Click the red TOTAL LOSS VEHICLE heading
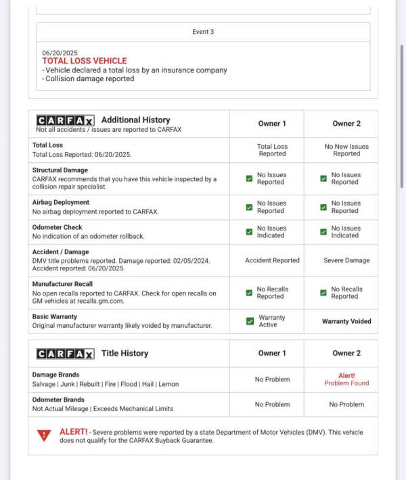pos(85,61)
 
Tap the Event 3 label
pos(203,32)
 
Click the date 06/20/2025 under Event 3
pos(60,52)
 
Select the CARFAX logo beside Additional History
pos(65,120)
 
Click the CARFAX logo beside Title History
pos(65,354)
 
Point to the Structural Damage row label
pos(60,170)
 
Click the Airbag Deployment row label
pos(60,202)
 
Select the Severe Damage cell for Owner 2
pos(347,260)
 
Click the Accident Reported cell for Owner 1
pos(272,260)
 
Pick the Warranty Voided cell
pos(346,321)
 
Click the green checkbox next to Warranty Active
pos(250,321)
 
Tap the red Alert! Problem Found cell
pos(346,379)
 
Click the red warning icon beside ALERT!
pos(45,435)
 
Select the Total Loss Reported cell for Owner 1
pos(272,149)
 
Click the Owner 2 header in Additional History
pos(346,124)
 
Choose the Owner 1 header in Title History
pos(272,354)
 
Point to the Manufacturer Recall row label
pos(63,284)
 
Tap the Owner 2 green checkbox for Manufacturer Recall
pos(323,293)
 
